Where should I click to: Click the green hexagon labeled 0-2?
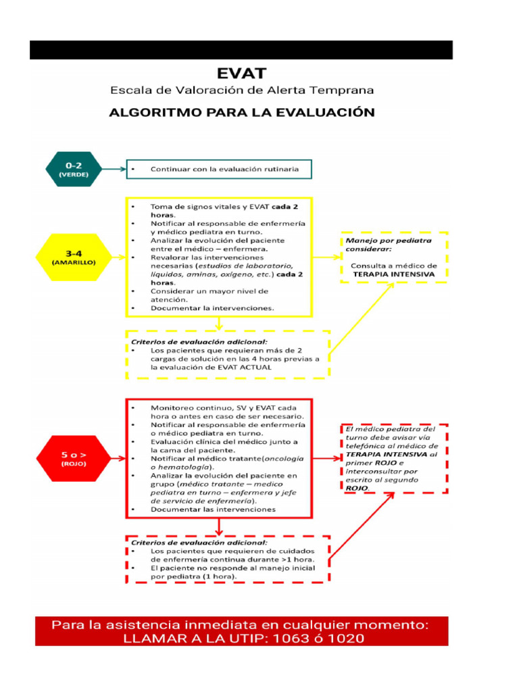tap(73, 168)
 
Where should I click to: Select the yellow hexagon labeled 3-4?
tap(74, 257)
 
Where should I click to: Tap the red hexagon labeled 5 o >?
tap(74, 458)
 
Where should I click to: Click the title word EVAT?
tap(241, 72)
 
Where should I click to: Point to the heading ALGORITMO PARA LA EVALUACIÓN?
tap(241, 112)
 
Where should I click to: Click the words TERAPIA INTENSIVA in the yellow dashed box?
tap(393, 275)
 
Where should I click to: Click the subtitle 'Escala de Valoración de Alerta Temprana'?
tap(241, 90)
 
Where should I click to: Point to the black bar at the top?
tap(241, 50)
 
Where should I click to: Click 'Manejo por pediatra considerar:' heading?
tap(388, 245)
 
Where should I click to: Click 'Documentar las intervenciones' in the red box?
tap(212, 510)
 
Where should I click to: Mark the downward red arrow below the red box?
tap(218, 526)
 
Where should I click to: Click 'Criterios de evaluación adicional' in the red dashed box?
tap(199, 542)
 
